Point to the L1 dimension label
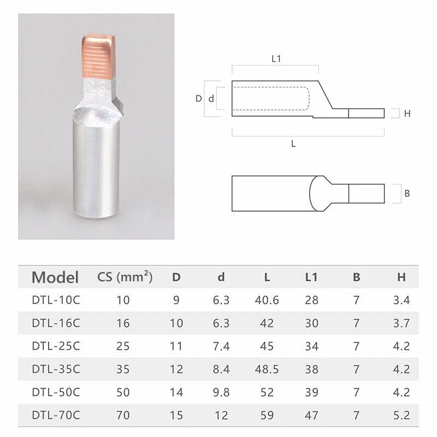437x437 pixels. click(276, 59)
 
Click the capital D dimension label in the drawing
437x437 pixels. click(199, 98)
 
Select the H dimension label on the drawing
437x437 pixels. click(407, 114)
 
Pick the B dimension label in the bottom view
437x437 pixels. click(407, 193)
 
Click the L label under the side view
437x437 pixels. click(293, 144)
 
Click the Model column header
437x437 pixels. click(55, 277)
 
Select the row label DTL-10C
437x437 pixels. click(56, 300)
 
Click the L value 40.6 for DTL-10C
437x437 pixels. click(267, 300)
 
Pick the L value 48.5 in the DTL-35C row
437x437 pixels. click(267, 370)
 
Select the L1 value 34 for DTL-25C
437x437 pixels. click(311, 346)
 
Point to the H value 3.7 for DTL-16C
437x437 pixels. click(401, 323)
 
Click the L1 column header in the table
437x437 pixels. click(311, 277)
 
